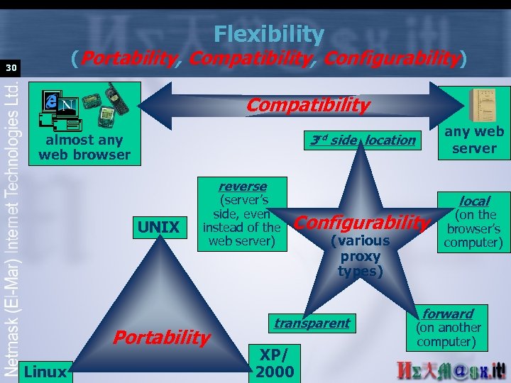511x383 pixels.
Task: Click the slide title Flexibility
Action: click(269, 33)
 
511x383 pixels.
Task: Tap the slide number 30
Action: click(11, 68)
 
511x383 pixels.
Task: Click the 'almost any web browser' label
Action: click(84, 148)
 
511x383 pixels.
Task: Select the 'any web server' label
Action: click(474, 140)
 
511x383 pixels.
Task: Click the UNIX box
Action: click(158, 227)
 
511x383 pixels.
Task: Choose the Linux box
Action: click(45, 371)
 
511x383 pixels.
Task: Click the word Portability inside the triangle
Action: click(162, 337)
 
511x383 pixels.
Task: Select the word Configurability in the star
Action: click(362, 223)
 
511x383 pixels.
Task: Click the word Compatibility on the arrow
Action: click(307, 106)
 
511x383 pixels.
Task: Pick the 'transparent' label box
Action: click(312, 323)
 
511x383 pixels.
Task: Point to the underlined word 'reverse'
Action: click(243, 186)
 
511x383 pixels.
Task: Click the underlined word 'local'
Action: click(474, 201)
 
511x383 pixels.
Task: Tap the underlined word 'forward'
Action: click(448, 313)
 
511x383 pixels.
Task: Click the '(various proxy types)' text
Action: click(360, 256)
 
